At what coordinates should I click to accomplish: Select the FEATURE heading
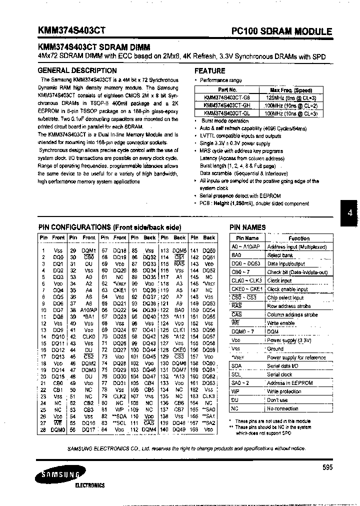[x=210, y=71]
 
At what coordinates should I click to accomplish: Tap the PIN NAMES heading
[x=247, y=227]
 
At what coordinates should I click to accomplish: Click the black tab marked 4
[x=349, y=213]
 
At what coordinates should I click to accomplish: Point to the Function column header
[x=298, y=238]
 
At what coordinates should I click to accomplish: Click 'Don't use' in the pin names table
[x=277, y=400]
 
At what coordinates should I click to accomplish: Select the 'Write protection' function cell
[x=283, y=391]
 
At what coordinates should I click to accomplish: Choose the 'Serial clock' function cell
[x=279, y=374]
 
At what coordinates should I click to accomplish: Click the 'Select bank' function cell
[x=280, y=255]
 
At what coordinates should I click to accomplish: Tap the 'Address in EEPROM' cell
[x=290, y=383]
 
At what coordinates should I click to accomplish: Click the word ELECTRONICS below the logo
[x=90, y=485]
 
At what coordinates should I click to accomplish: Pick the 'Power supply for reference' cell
[x=296, y=357]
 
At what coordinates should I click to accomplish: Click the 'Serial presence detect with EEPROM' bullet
[x=240, y=196]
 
